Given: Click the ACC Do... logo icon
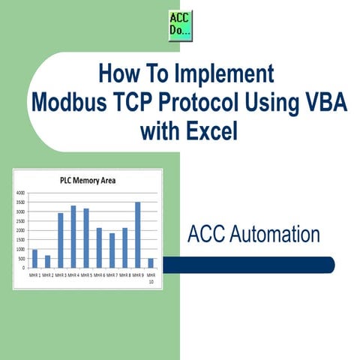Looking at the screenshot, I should (180, 26).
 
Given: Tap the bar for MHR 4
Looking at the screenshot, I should (73, 236).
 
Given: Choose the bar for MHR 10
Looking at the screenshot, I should (151, 263).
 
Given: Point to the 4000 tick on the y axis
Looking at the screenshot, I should (20, 193).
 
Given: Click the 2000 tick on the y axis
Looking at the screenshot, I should (20, 230).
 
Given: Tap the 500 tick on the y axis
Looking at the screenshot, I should (22, 259).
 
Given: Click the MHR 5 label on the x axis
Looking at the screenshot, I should (86, 274).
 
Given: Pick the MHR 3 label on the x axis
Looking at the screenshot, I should (60, 274).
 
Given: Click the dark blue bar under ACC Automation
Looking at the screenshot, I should (247, 264).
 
